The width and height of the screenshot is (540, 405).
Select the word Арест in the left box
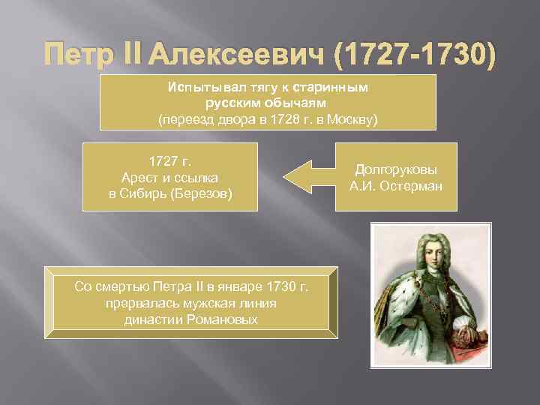[137, 178]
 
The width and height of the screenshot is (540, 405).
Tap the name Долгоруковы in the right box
[395, 169]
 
